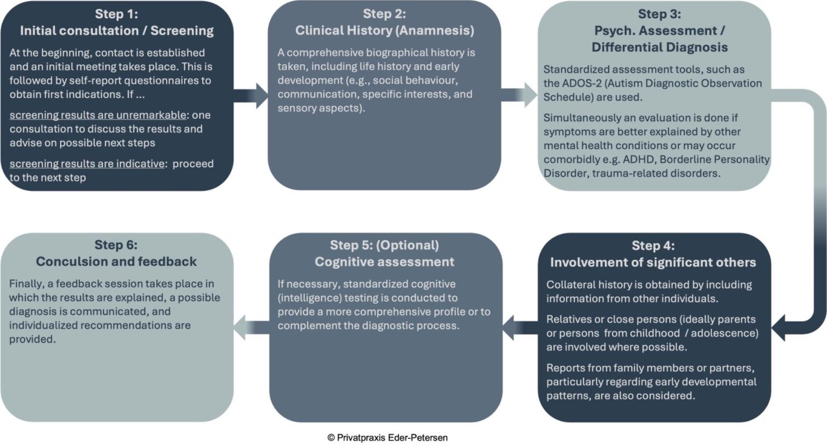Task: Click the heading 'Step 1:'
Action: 116,14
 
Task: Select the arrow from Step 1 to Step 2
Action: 251,96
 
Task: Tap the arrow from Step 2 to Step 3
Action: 519,95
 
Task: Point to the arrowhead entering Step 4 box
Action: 779,328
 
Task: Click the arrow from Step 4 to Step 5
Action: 520,328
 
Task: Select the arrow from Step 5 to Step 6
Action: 252,328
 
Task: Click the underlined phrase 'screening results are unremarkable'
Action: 98,115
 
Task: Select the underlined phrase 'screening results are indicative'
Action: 87,163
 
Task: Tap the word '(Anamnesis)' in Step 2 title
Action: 435,31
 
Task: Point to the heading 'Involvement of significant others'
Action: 653,262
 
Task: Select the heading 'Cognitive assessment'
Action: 384,262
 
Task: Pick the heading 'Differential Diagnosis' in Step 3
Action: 660,47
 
